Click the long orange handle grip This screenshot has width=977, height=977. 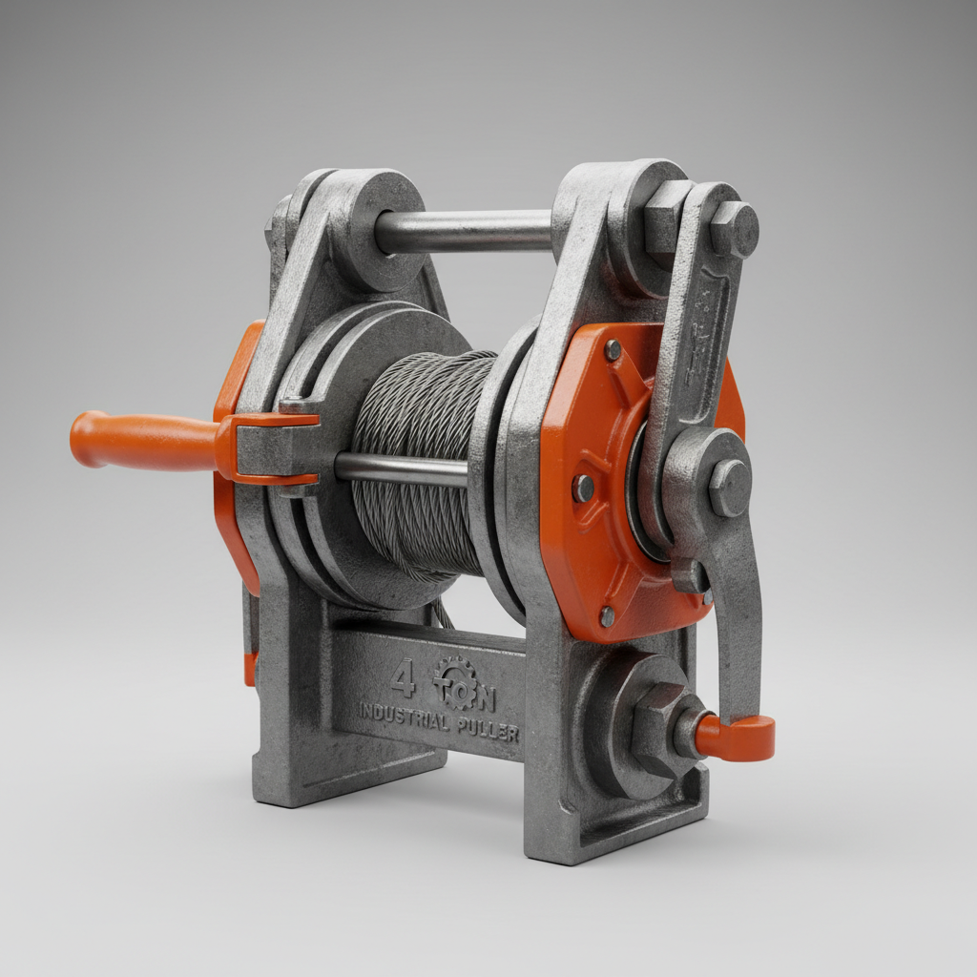(x=143, y=440)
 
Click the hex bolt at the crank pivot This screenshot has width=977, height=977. (x=731, y=486)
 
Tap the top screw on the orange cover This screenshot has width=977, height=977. (x=613, y=349)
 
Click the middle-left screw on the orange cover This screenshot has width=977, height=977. (x=582, y=488)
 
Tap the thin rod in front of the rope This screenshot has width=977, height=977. (x=401, y=468)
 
